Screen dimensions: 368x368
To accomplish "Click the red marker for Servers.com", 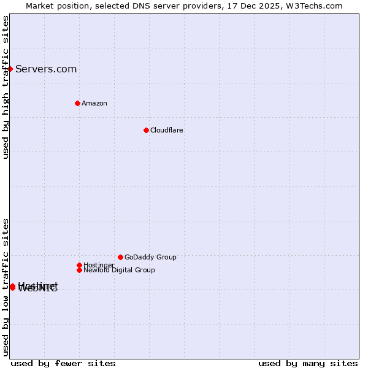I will click(x=10, y=69).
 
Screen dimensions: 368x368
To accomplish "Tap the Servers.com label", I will click(x=46, y=69).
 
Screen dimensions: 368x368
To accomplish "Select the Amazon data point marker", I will click(x=77, y=103).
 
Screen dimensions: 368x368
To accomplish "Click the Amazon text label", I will click(x=94, y=103).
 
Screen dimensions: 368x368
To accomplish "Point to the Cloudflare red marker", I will click(x=146, y=130).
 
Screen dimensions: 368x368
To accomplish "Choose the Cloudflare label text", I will click(x=167, y=130).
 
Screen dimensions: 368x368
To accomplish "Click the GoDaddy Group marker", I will click(x=120, y=257).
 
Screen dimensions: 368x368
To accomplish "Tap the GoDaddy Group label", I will click(x=150, y=257).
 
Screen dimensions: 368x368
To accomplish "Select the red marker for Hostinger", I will click(x=79, y=265).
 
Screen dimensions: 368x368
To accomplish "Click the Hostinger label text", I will click(x=99, y=265).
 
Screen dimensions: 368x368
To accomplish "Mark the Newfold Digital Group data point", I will click(x=79, y=270).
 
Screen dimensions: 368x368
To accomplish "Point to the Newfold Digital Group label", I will click(x=119, y=270).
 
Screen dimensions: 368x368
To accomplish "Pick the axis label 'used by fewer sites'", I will click(x=63, y=363).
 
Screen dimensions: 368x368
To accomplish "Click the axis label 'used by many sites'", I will click(x=308, y=363).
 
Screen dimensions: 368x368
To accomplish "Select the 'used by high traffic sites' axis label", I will click(x=6, y=87).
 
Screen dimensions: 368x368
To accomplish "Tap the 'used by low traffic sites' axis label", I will click(x=6, y=287).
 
